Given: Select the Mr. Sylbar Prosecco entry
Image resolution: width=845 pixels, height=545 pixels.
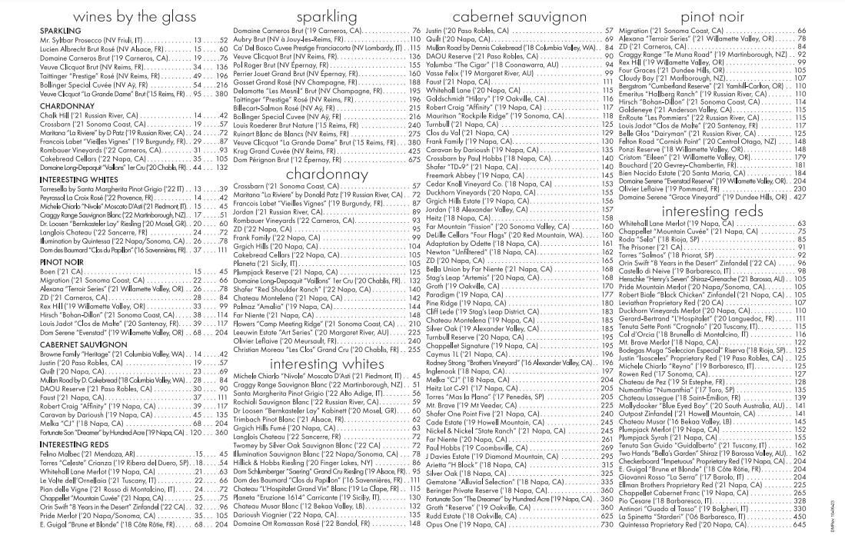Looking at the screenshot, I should click(85, 39).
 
